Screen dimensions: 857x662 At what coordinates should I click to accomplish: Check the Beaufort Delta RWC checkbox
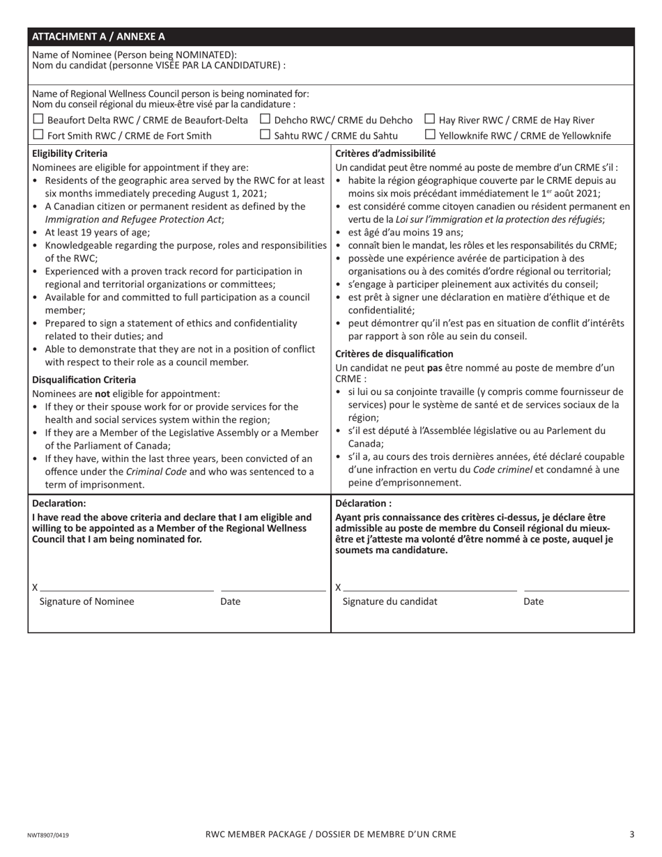coord(38,120)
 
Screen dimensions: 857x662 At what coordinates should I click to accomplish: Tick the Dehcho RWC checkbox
coord(265,120)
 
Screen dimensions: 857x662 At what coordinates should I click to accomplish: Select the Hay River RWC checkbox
coord(429,120)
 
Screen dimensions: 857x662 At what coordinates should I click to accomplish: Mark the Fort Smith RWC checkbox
coord(38,135)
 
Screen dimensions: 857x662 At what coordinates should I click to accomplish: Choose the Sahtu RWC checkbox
coord(265,135)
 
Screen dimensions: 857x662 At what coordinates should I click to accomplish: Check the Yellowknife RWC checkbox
coord(429,135)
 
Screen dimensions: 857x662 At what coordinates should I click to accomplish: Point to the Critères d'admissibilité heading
coord(385,153)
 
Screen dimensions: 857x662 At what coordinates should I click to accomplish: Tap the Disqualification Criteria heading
coord(84,380)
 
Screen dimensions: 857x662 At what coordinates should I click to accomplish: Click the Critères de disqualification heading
coord(394,354)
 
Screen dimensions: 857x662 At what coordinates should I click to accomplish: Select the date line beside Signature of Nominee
coord(272,589)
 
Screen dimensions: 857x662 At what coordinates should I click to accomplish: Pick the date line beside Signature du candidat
coord(576,589)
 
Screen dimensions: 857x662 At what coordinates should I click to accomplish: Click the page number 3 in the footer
coord(631,834)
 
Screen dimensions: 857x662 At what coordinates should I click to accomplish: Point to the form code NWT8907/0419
coord(48,835)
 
